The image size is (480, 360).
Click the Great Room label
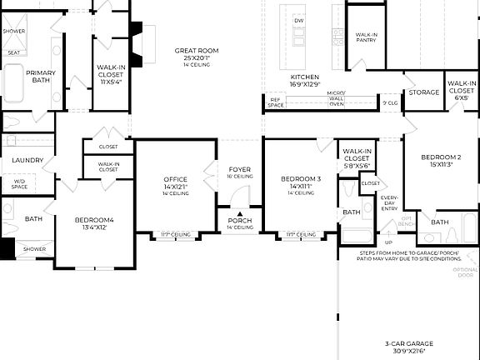tap(197, 51)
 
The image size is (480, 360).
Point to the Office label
tap(176, 179)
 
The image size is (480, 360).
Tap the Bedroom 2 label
tap(441, 157)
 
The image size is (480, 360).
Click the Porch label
tap(240, 221)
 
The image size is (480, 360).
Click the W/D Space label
tap(19, 183)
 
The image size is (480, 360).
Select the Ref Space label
tap(275, 102)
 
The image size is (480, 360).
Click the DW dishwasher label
tap(299, 20)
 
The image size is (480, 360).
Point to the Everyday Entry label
tap(389, 202)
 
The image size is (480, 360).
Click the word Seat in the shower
tap(14, 52)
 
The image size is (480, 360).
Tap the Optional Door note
tap(466, 272)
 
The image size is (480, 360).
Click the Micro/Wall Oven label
tap(336, 98)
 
